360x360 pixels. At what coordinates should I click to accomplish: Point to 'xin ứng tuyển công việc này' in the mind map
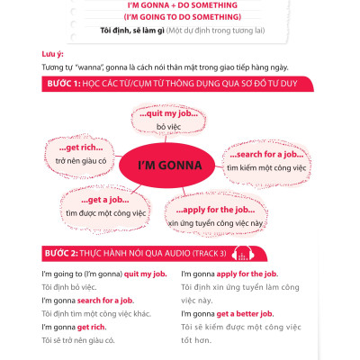point(221,222)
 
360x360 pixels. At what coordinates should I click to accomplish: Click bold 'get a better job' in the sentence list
point(245,313)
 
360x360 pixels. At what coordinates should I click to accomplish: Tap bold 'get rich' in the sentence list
point(93,327)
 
